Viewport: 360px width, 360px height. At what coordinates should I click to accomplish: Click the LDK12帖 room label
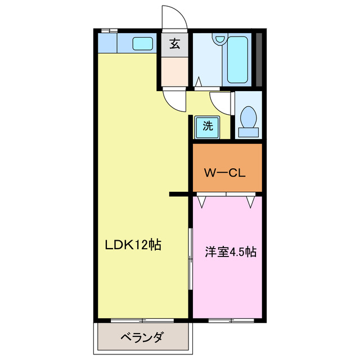(133, 245)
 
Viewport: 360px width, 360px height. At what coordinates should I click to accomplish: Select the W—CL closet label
(224, 173)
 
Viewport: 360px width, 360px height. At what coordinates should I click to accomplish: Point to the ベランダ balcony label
(142, 337)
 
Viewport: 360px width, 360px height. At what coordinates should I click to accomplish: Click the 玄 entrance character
(175, 44)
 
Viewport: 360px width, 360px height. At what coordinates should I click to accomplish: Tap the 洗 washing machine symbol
(208, 127)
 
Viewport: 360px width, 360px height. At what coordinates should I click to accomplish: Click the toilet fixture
(248, 118)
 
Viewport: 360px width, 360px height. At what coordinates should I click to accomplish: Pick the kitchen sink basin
(143, 43)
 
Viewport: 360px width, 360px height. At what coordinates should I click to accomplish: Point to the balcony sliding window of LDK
(142, 321)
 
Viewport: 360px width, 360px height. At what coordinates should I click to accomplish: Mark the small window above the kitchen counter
(109, 29)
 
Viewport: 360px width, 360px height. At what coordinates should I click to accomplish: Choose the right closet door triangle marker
(250, 201)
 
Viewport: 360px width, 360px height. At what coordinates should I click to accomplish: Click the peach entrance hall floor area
(174, 70)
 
